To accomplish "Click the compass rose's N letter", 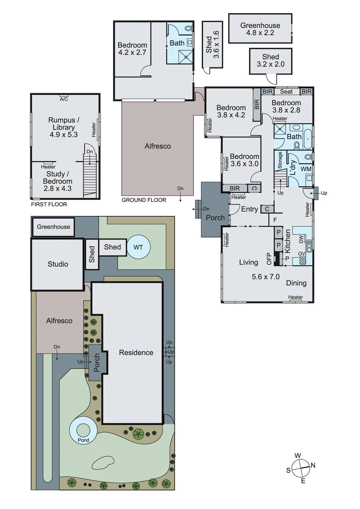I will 313,465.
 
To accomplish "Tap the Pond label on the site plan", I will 83,440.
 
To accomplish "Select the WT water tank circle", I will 138,247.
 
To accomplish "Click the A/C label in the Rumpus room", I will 64,99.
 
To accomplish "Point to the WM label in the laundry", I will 306,169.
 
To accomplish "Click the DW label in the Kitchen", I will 301,239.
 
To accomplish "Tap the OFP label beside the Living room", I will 269,259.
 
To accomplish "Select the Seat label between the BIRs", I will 286,92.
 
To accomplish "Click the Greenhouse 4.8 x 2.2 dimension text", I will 260,33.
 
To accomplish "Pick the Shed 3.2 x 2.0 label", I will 271,60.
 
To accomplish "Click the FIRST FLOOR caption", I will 49,204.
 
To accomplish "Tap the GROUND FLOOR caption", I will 144,200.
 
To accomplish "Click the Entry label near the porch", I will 250,209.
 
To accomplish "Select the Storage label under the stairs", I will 280,160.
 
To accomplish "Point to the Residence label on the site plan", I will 136,352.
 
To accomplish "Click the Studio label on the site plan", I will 58,264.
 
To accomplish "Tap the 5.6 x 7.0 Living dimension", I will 265,277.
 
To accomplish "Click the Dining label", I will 296,283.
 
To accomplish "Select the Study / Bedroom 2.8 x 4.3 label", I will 58,181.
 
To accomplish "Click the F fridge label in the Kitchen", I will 275,220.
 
